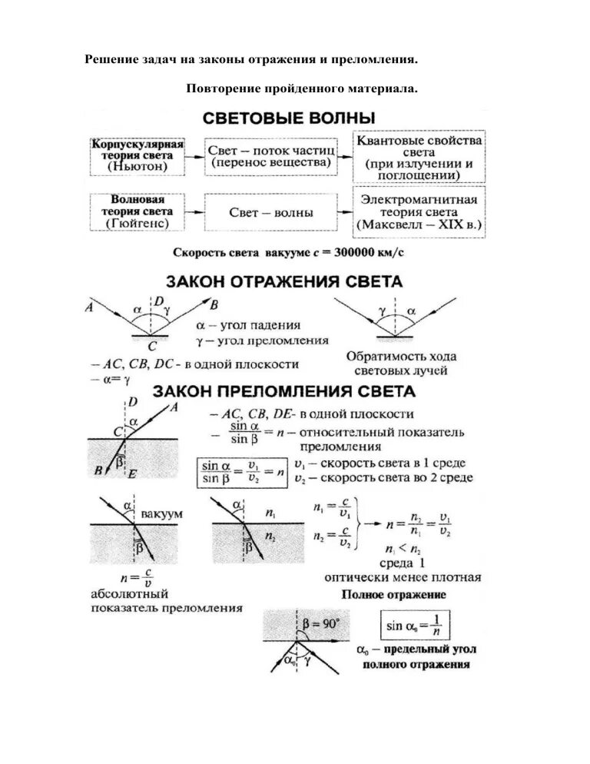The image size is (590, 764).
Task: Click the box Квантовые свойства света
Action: click(418, 158)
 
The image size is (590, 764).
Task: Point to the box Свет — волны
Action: click(269, 212)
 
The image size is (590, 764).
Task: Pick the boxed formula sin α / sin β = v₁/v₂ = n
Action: click(242, 473)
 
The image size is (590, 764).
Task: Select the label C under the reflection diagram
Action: click(152, 346)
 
